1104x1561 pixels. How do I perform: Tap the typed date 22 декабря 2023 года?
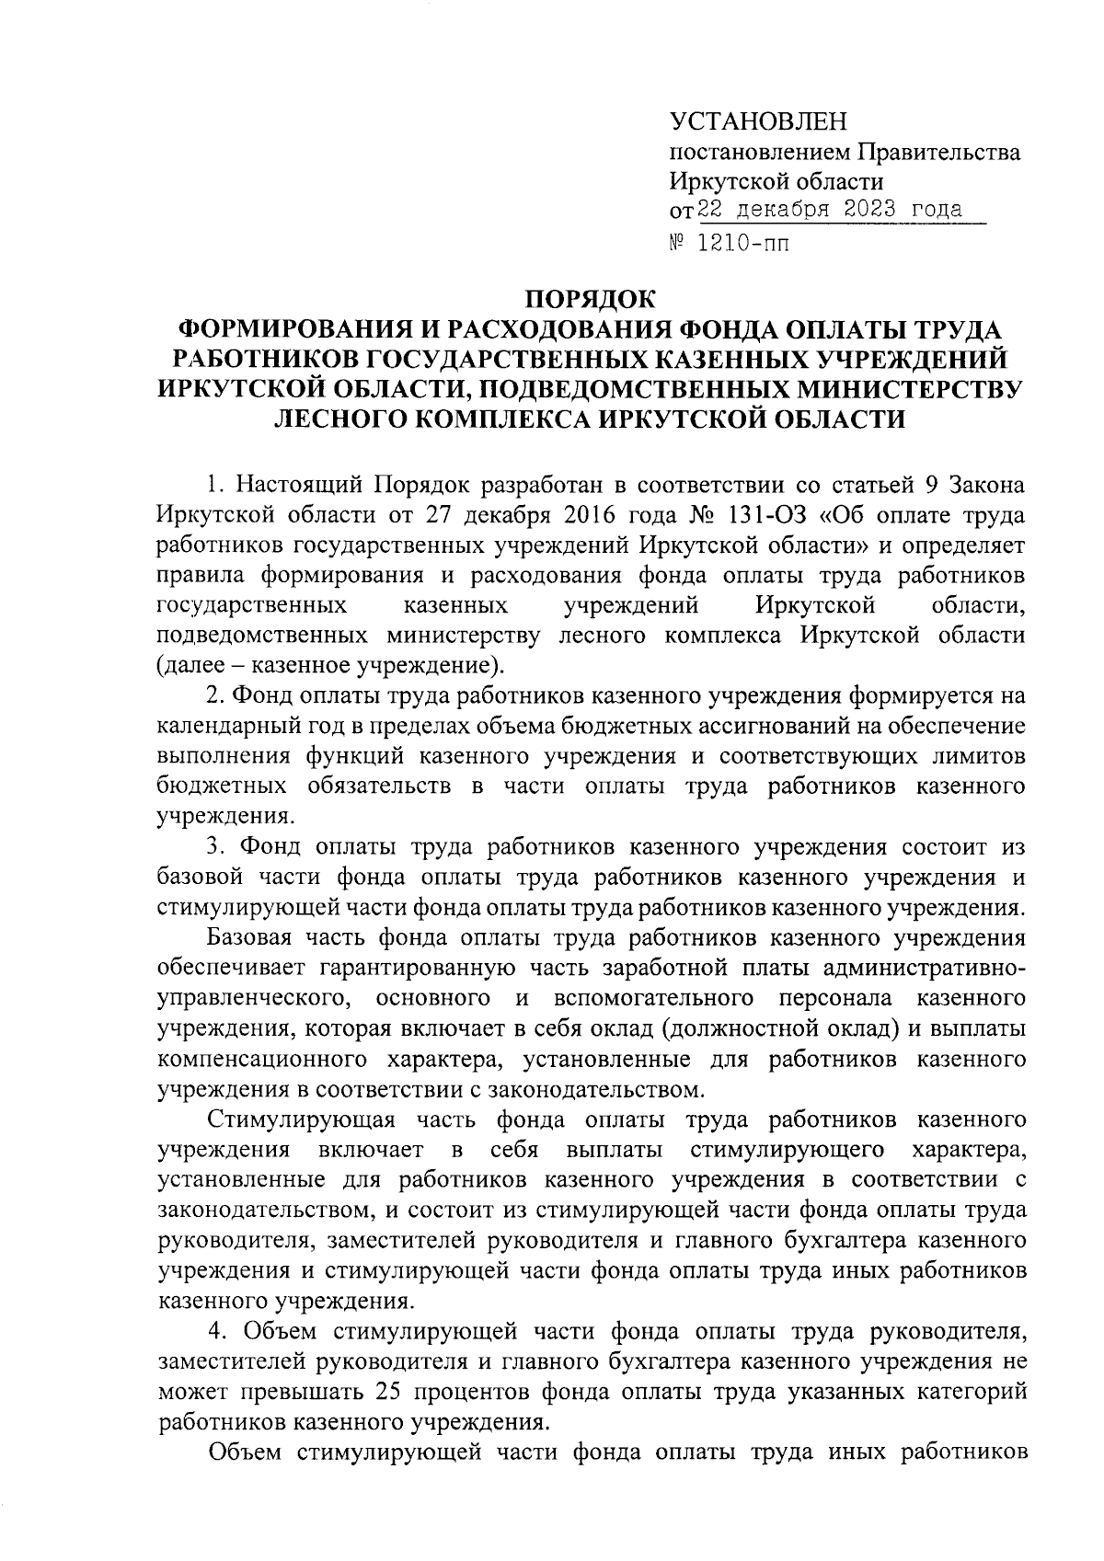pos(831,210)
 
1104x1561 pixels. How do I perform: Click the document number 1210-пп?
pos(744,244)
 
